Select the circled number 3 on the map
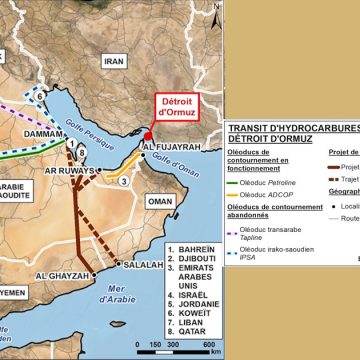(123, 181)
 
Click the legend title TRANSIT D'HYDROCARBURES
(290, 128)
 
